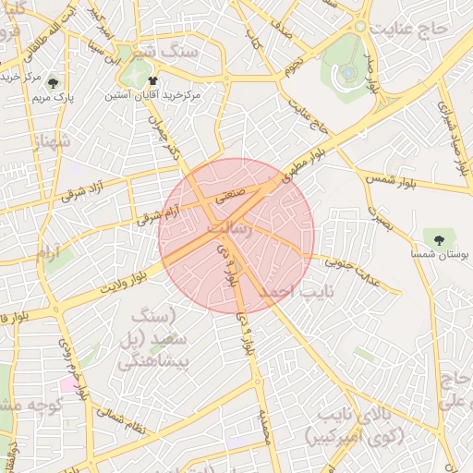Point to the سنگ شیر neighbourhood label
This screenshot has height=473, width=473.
click(164, 52)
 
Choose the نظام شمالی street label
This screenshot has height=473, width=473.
click(121, 421)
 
